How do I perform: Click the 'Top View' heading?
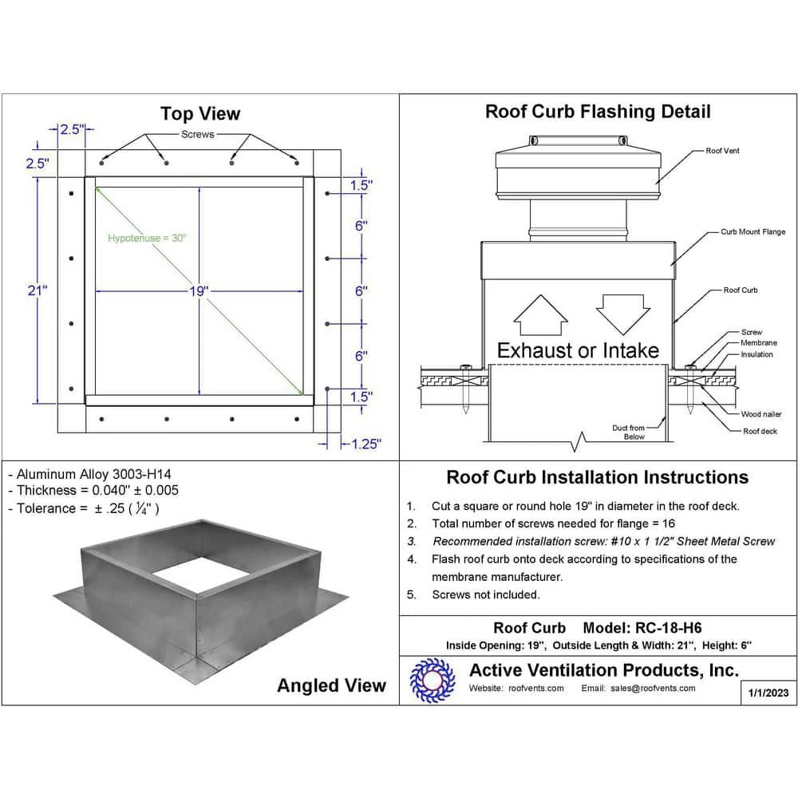click(x=199, y=113)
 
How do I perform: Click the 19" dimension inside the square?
click(x=199, y=291)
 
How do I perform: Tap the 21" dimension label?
click(x=38, y=291)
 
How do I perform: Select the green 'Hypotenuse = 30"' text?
click(x=147, y=238)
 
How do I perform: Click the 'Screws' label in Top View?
click(x=197, y=134)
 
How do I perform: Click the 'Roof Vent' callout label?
click(x=722, y=151)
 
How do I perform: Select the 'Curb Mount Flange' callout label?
click(x=753, y=232)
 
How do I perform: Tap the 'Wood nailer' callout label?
click(x=761, y=414)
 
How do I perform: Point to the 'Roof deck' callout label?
click(x=760, y=431)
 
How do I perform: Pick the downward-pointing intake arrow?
click(x=620, y=314)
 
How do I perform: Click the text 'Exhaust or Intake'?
click(x=578, y=350)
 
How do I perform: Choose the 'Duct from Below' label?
click(x=628, y=433)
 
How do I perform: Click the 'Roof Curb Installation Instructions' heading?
click(x=597, y=477)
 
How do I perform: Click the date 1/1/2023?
click(x=769, y=693)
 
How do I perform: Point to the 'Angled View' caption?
click(x=331, y=685)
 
